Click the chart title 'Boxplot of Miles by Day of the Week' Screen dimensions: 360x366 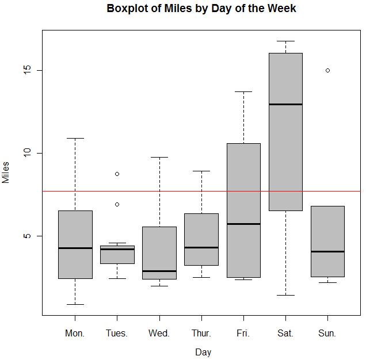pos(201,9)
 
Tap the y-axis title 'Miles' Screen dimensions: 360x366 pos(6,172)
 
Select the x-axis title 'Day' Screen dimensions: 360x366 pos(203,352)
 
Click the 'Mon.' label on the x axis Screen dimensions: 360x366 pos(75,333)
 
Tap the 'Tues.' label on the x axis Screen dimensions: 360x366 pos(117,333)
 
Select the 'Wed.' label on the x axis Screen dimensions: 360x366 pos(159,333)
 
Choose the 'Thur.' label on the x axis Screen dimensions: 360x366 pos(201,333)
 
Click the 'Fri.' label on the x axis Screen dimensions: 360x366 pos(243,333)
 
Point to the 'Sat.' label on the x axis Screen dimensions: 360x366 pos(285,333)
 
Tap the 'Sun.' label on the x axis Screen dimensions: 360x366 pos(327,333)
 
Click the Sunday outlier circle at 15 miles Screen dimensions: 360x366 pos(327,70)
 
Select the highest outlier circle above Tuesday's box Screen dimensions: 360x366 pos(117,174)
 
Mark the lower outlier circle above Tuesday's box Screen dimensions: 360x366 pos(117,204)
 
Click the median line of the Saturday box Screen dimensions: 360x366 pos(285,104)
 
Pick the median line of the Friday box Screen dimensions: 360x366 pos(243,224)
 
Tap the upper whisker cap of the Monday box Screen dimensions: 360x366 pos(75,138)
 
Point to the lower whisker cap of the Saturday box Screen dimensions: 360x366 pos(285,295)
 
